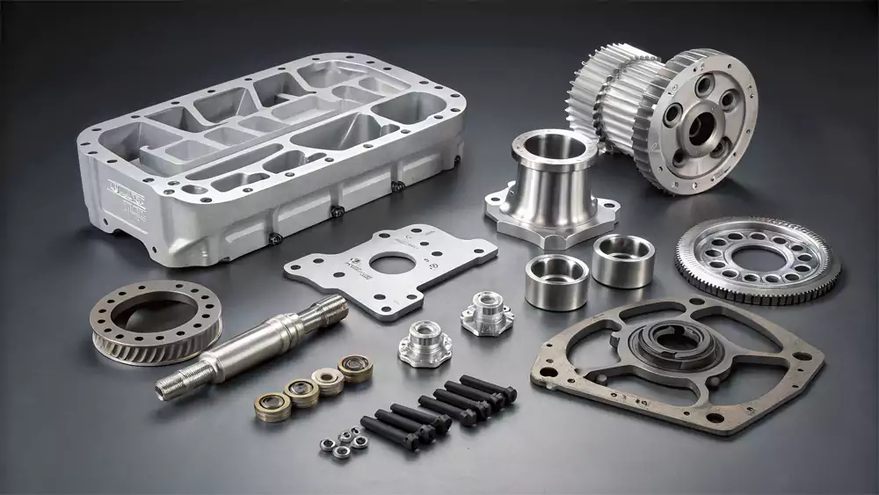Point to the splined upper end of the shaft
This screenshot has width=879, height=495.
[x=325, y=309]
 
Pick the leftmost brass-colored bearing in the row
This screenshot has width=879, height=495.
[x=271, y=405]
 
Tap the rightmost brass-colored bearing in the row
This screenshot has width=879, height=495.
[x=355, y=368]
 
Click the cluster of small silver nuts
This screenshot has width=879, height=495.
[x=343, y=440]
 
